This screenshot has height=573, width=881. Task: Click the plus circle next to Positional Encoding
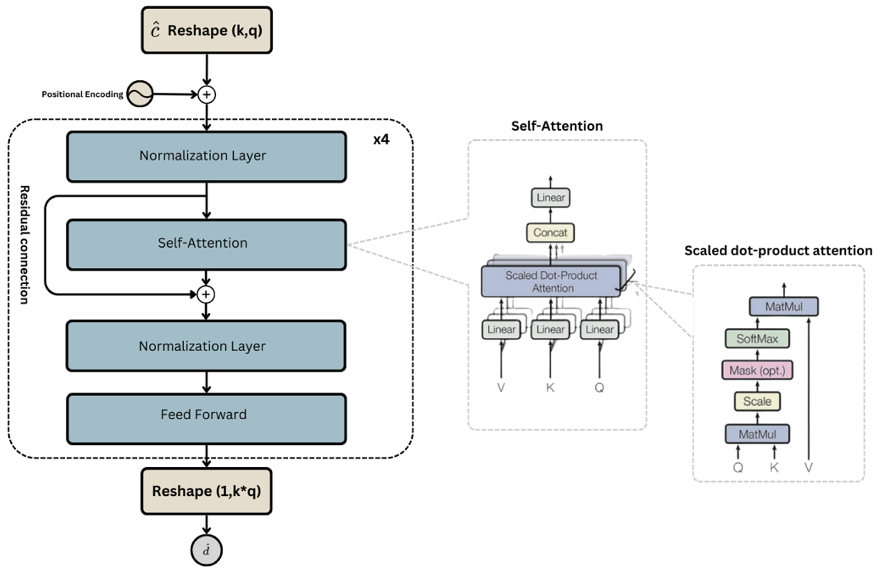coord(207,95)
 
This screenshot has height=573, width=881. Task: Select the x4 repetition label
coord(381,139)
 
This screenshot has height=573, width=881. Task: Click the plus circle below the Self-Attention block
coord(206,295)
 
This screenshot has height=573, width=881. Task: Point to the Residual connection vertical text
coord(25,244)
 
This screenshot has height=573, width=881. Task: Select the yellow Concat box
coord(550,233)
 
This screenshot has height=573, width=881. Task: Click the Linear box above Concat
coord(551,198)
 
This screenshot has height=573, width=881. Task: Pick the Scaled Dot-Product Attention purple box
coord(551,281)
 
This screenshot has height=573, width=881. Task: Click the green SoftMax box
coord(757,339)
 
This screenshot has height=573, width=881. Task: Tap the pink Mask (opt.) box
coord(757,370)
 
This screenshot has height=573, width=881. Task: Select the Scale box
coord(757,401)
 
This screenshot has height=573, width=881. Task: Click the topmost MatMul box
coord(784,306)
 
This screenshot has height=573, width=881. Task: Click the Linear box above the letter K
coord(550,329)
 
